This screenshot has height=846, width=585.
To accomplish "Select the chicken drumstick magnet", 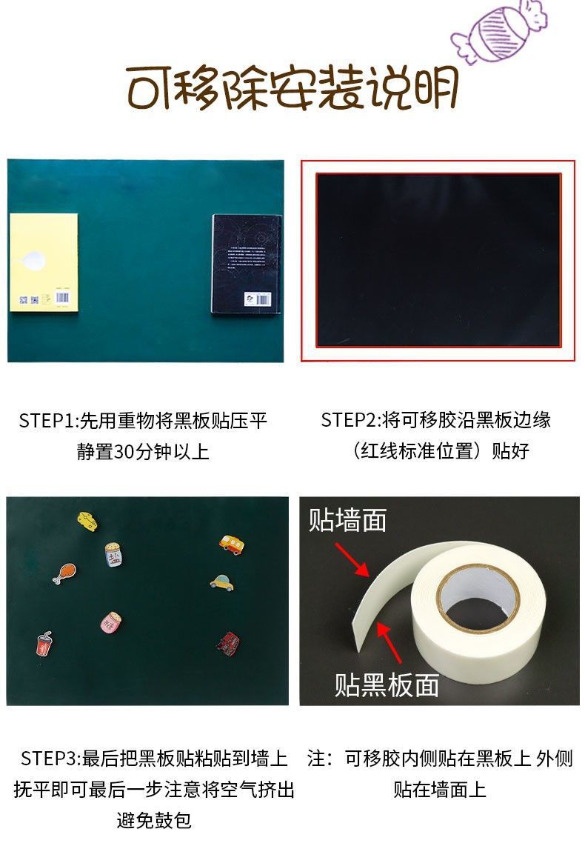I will [64, 572].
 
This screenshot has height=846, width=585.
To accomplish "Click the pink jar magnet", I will [110, 622].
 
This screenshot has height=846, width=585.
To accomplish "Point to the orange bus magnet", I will [232, 543].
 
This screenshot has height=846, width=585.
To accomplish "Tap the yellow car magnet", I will [221, 582].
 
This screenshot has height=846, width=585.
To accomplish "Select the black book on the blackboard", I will [246, 264].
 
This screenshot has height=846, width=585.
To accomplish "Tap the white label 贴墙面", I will [347, 520].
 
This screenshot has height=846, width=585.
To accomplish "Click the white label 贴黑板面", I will [387, 684].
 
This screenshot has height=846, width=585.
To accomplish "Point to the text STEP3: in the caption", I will [50, 759].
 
